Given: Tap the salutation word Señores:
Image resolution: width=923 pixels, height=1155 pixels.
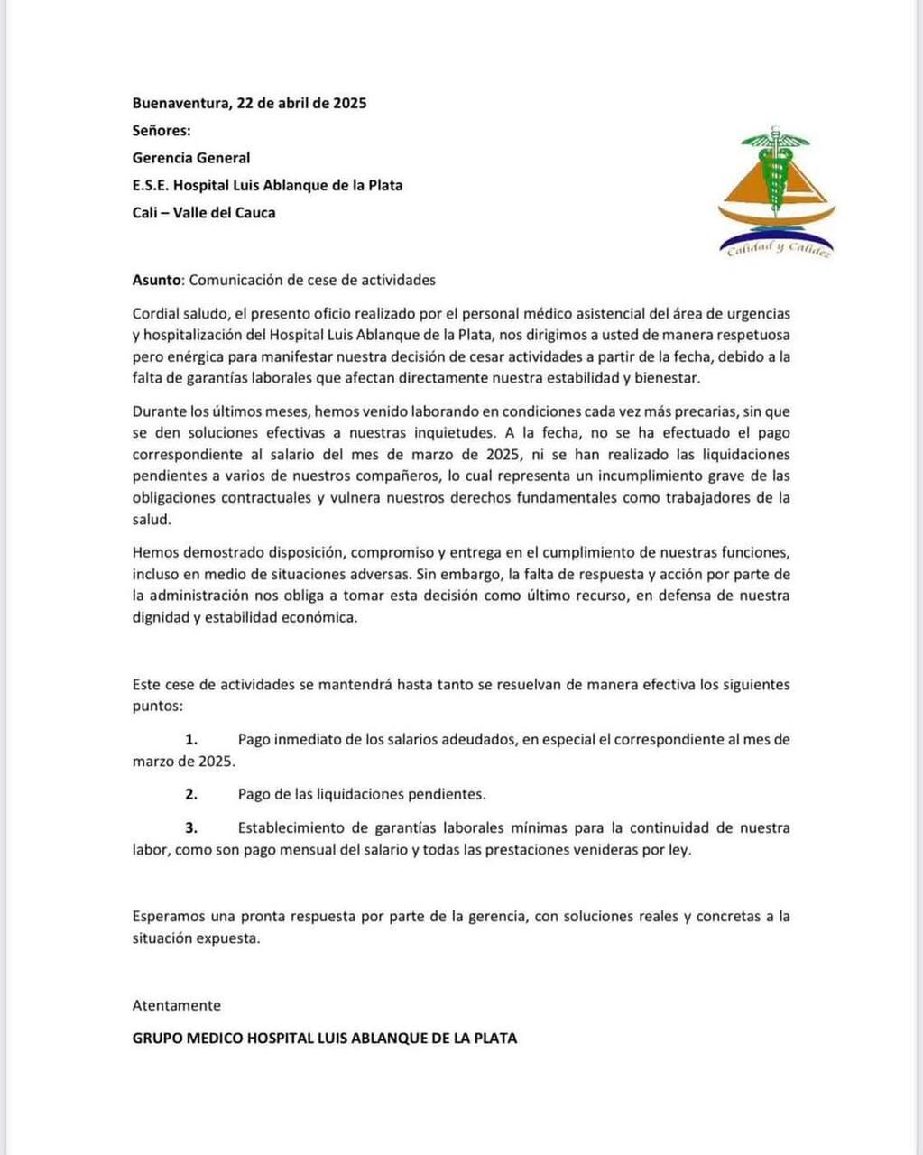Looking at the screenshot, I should (x=162, y=130).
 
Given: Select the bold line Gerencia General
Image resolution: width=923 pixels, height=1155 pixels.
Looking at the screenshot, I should (x=191, y=158).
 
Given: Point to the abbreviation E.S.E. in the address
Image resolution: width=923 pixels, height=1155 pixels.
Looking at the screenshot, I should (x=151, y=186).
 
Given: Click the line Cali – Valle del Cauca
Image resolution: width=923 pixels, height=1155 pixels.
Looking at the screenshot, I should (x=204, y=213).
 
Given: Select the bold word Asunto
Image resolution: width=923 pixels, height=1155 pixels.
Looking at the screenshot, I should (x=158, y=280).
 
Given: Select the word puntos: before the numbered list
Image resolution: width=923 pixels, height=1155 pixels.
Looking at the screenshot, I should (x=157, y=706).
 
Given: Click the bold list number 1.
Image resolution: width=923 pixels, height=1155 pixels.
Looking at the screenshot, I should (x=191, y=739).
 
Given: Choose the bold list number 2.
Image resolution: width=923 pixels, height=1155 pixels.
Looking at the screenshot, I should (x=191, y=794).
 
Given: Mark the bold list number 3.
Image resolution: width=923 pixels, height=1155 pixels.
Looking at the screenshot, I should (x=191, y=827).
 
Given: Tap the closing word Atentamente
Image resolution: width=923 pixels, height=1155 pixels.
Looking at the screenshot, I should (x=177, y=1005).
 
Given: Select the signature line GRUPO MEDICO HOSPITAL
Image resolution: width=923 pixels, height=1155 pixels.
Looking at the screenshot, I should (x=325, y=1039).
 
